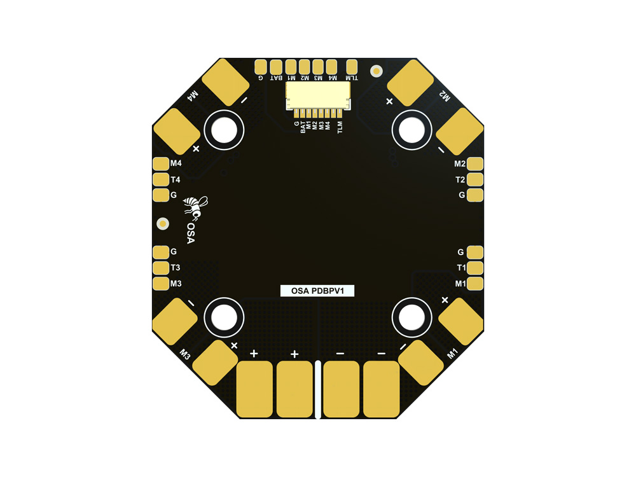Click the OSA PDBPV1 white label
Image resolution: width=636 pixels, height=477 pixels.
tap(317, 291)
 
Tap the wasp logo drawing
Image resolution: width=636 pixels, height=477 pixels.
tap(195, 206)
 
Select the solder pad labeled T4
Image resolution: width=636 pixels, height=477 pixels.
tap(161, 179)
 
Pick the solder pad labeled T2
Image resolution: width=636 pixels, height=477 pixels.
tap(475, 179)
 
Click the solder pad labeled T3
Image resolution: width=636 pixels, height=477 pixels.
tap(161, 268)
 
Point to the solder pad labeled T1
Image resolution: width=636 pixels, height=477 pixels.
tap(475, 268)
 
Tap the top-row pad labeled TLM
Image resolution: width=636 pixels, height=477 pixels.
tap(352, 67)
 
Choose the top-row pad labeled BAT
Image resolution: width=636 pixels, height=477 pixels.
tap(276, 67)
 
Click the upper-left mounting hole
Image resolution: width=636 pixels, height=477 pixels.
tap(223, 130)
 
